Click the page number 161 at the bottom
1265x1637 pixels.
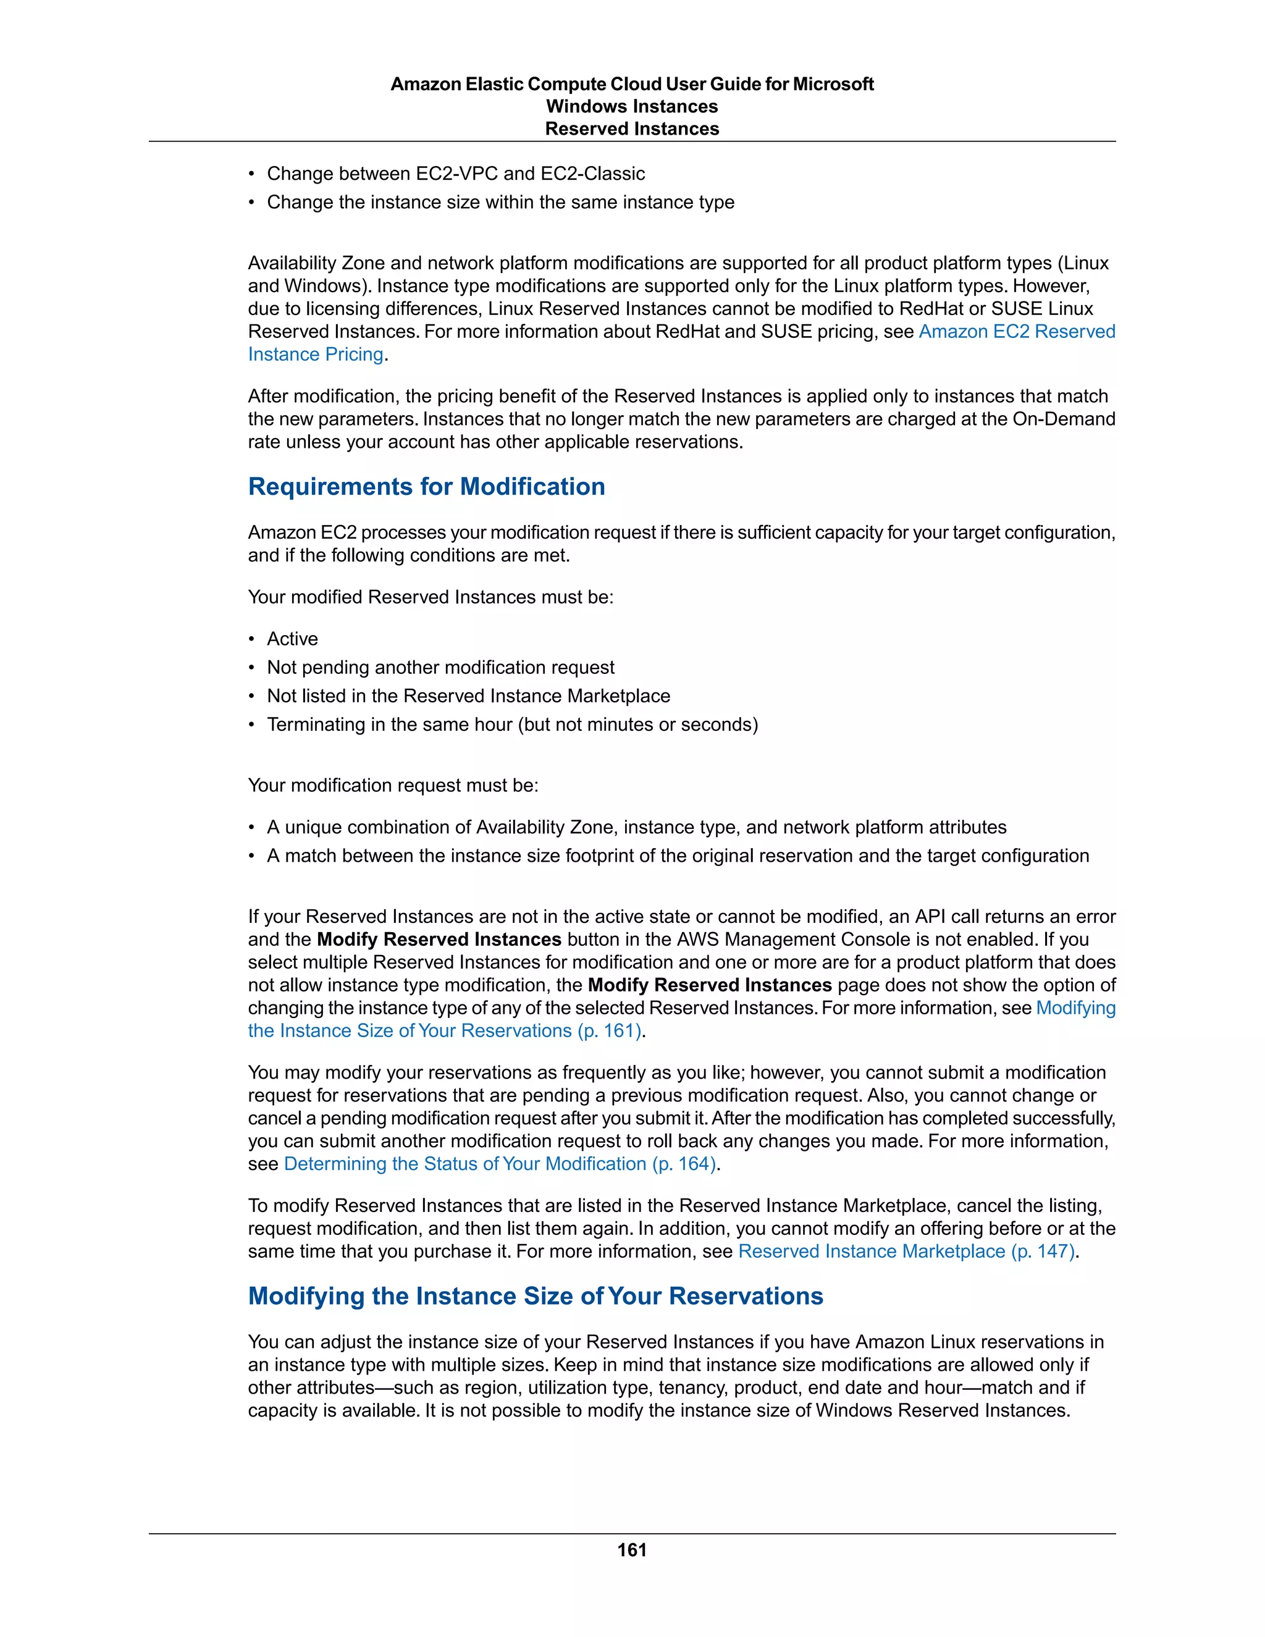point(632,1550)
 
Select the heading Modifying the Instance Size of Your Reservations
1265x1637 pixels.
point(535,1296)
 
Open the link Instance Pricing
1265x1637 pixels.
point(316,355)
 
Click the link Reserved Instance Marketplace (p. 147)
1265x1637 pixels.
point(907,1251)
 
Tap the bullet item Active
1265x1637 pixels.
point(292,639)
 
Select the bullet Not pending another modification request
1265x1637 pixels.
point(440,667)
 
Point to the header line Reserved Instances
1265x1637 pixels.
point(632,129)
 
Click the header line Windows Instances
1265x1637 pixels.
point(632,106)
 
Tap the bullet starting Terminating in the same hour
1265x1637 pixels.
point(512,724)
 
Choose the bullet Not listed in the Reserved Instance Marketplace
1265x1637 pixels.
point(468,696)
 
